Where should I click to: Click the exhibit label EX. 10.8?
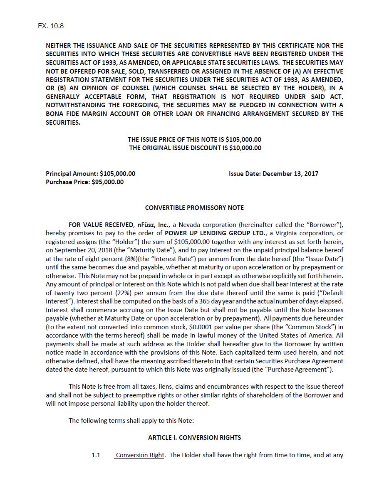point(50,26)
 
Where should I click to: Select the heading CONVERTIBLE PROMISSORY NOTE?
point(194,207)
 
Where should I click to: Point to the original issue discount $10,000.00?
point(245,148)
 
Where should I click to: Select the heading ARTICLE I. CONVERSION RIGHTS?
point(194,437)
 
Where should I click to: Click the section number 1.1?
point(96,455)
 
